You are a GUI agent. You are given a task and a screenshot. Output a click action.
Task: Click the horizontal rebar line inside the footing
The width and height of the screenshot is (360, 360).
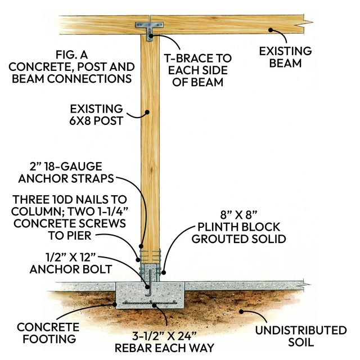[x=155, y=303]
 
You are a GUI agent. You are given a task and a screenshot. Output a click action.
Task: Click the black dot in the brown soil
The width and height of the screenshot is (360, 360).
[x=241, y=310]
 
